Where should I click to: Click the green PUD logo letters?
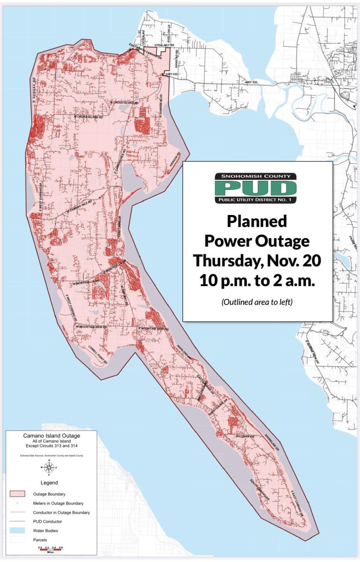click(256, 188)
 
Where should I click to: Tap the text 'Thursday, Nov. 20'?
click(257, 260)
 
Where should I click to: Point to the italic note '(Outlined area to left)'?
click(257, 302)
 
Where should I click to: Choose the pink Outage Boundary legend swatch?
click(17, 494)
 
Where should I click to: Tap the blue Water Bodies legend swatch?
click(17, 531)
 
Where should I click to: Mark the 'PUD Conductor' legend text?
click(48, 521)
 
